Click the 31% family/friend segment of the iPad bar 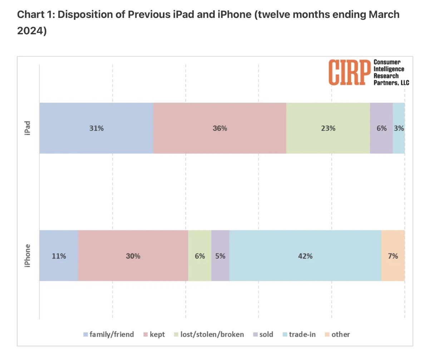[96, 128]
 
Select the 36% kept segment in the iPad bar [220, 128]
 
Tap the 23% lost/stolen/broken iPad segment [328, 128]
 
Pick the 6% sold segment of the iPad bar [381, 128]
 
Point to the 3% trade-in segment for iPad [399, 128]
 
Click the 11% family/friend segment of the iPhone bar [59, 256]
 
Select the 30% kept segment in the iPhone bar [133, 256]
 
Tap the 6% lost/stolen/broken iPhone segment [199, 256]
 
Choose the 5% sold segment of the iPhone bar [220, 256]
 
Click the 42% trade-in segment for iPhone [305, 256]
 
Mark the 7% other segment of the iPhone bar [393, 256]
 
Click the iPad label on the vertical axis [28, 128]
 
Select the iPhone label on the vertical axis [28, 256]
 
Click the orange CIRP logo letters [349, 72]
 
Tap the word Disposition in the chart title [80, 15]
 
